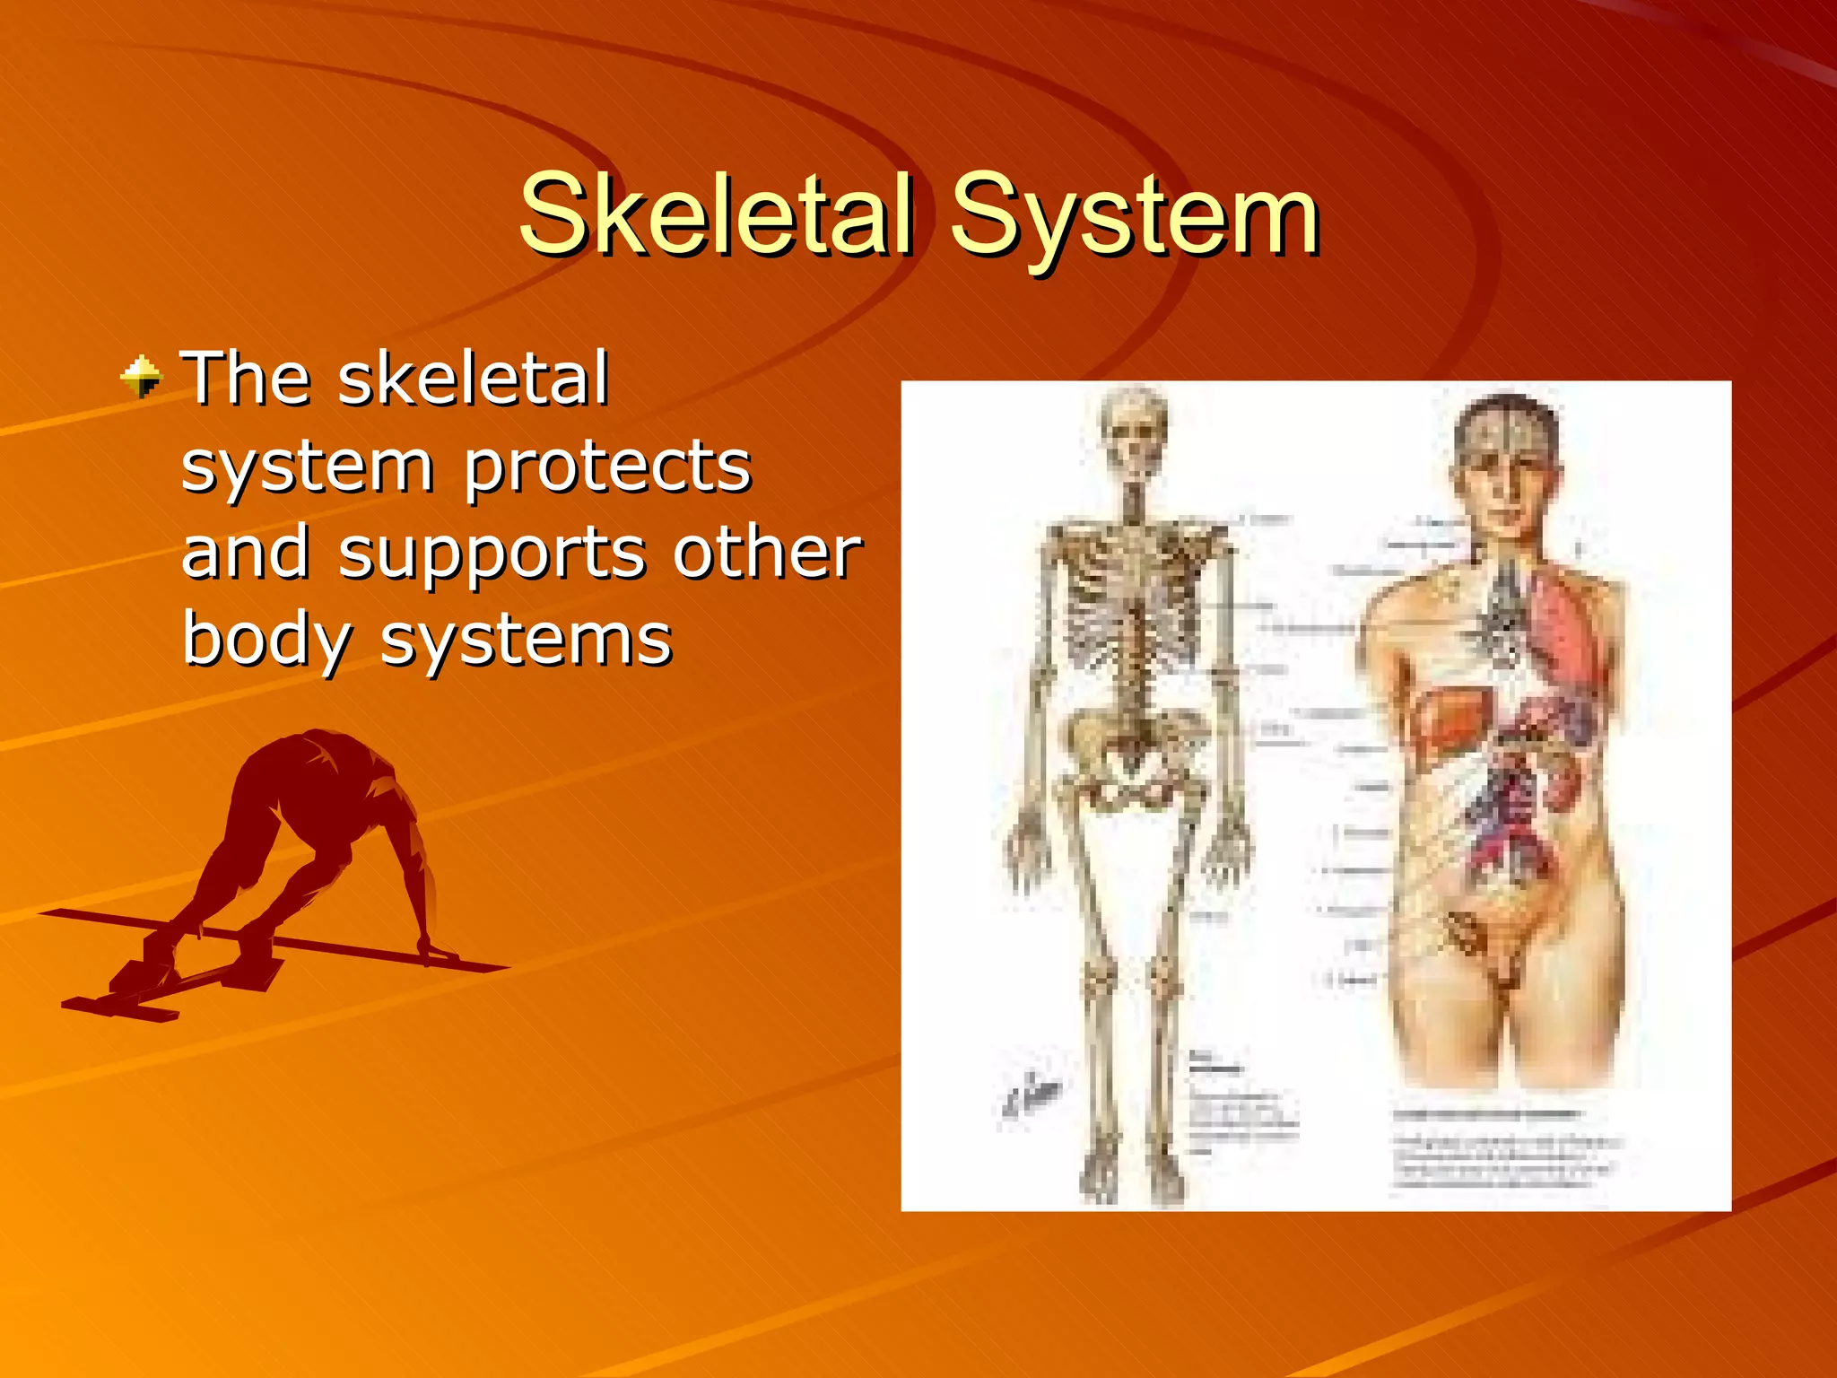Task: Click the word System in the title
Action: pyautogui.click(x=1134, y=215)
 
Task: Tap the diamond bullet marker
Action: pyautogui.click(x=141, y=377)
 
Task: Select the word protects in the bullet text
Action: pyautogui.click(x=607, y=468)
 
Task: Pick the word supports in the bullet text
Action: pyautogui.click(x=492, y=553)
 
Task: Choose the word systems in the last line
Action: pyautogui.click(x=526, y=641)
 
